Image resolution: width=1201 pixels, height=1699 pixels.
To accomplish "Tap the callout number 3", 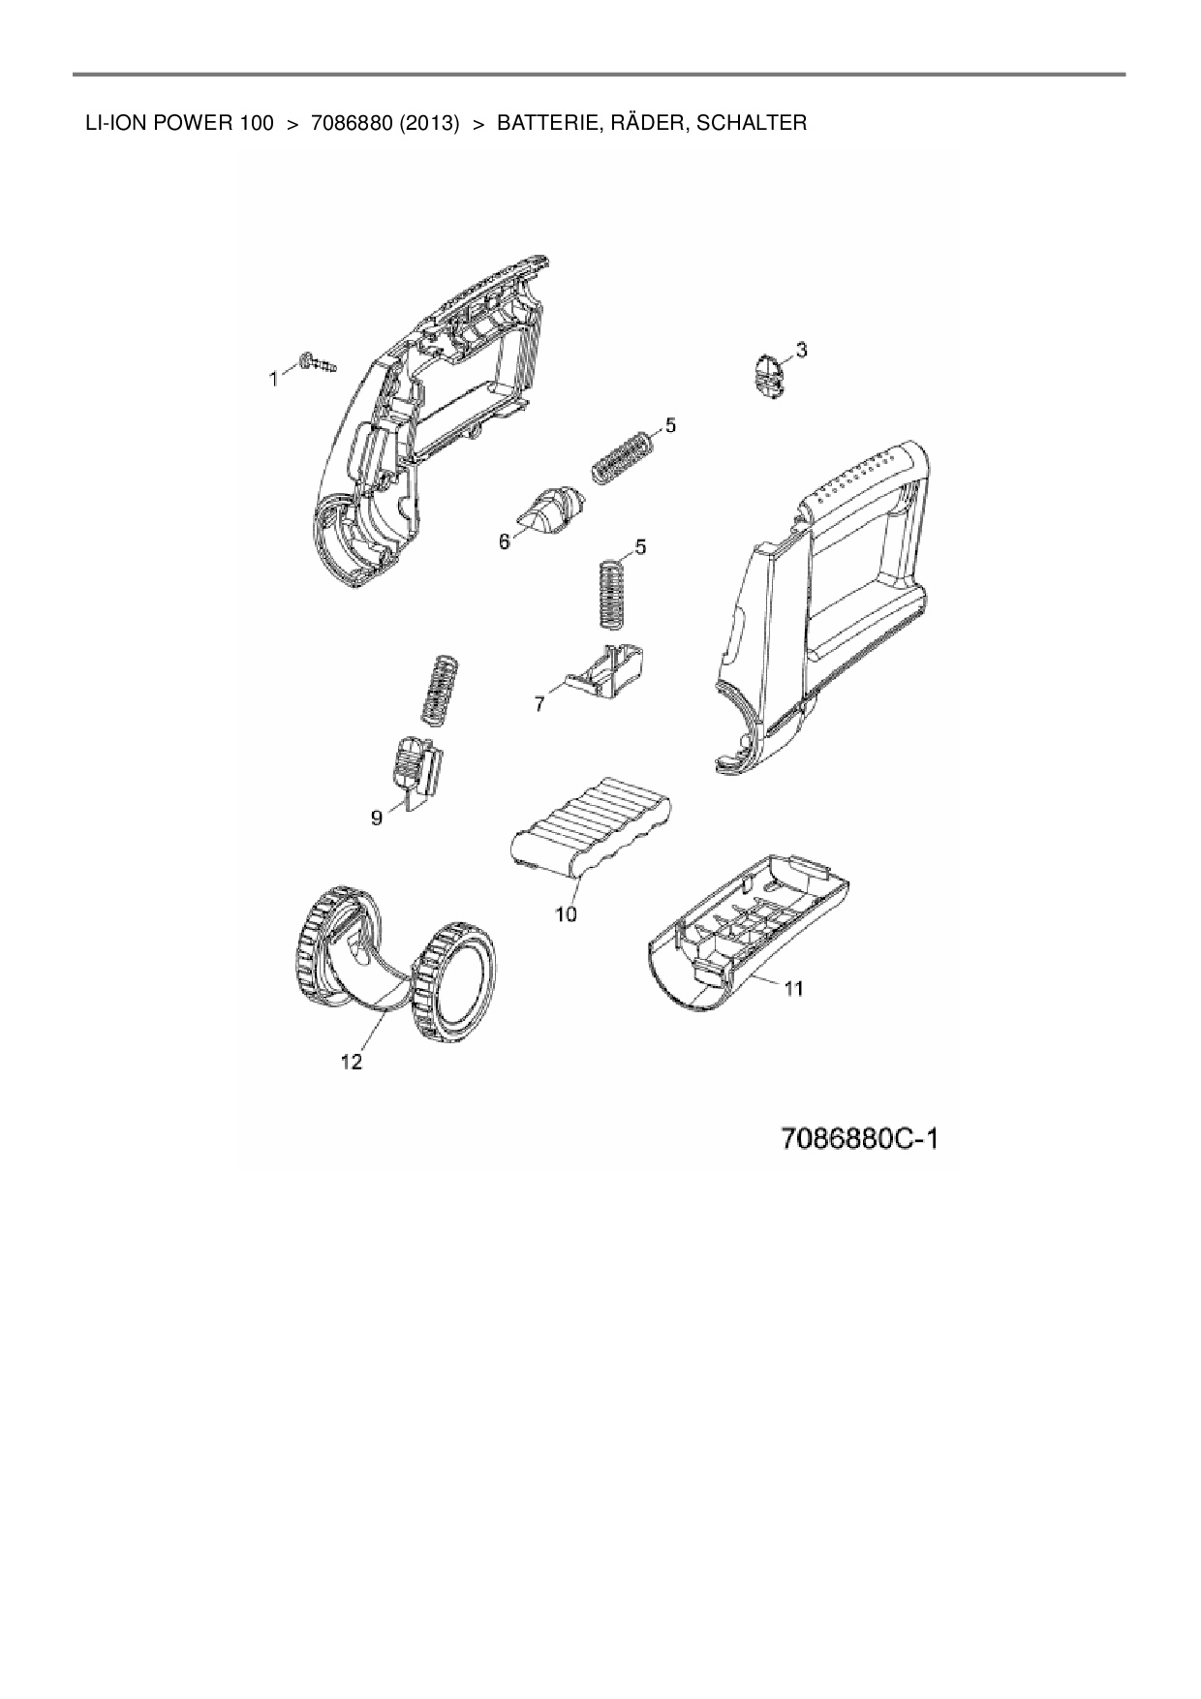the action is pos(801,349).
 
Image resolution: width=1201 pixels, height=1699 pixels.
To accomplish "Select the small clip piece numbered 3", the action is pos(768,374).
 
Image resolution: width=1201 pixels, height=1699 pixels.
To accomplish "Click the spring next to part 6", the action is pos(622,455).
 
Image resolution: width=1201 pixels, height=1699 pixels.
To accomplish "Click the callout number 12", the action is pos(351,1063).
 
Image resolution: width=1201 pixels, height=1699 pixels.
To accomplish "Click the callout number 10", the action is pos(566,913).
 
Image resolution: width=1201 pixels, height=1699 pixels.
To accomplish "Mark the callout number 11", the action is pos(793,989).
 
